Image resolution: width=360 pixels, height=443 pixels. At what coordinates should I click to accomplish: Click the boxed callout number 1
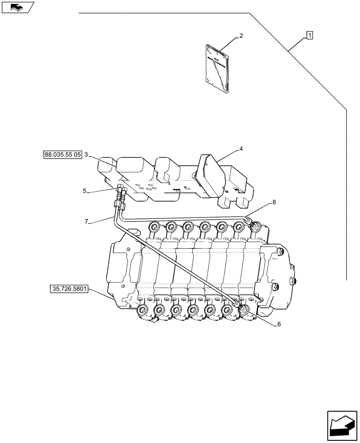coord(309,35)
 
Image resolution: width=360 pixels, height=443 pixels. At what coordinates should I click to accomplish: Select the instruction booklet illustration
coord(217,69)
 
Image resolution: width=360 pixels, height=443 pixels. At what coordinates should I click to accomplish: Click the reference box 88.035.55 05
coord(63,155)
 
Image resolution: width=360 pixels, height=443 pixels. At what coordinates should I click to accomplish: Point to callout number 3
coord(86,155)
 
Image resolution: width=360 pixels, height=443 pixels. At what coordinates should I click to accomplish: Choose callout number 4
coord(241,149)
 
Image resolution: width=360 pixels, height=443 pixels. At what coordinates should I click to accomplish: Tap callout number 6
coord(279,324)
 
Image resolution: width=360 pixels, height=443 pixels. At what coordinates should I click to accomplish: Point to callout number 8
coord(274,202)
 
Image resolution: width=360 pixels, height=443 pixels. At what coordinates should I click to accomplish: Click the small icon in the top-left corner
coord(17,7)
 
